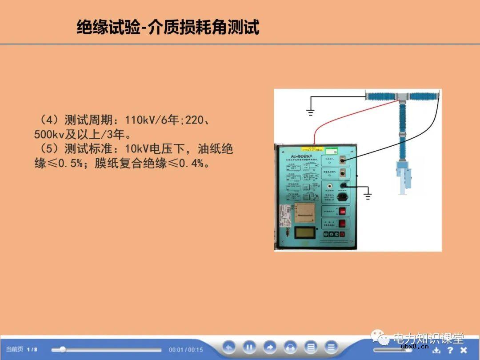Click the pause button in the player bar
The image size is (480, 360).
pos(249,347)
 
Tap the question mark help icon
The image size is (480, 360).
pos(450,350)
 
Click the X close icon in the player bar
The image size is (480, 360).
pos(464,350)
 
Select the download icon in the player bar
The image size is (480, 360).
pos(436,350)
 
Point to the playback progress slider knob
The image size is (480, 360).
pos(63,349)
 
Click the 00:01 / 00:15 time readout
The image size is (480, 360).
pos(186,350)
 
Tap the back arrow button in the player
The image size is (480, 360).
pos(229,347)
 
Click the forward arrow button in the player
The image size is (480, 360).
pos(270,347)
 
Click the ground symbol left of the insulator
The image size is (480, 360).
pos(310,112)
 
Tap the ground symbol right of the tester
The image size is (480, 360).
pos(367,194)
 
